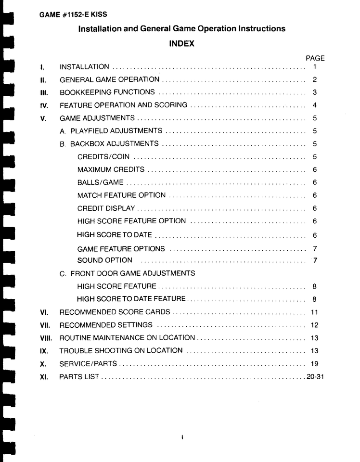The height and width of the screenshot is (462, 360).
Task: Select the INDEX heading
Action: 181,44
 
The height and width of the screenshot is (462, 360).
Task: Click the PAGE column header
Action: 315,58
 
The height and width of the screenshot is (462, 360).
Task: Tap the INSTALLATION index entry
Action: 84,66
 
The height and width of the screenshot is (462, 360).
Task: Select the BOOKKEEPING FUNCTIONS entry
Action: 107,92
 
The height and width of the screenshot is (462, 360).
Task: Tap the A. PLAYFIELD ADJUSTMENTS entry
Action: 111,130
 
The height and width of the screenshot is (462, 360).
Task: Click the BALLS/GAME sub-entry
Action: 100,182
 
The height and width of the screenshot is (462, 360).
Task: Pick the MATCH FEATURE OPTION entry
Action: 121,195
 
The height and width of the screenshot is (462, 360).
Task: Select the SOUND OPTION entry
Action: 104,260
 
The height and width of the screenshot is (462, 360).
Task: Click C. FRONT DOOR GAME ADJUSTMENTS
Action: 127,273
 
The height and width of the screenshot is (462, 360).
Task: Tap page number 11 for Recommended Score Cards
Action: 314,312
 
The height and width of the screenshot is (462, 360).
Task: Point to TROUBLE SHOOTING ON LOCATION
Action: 121,350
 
